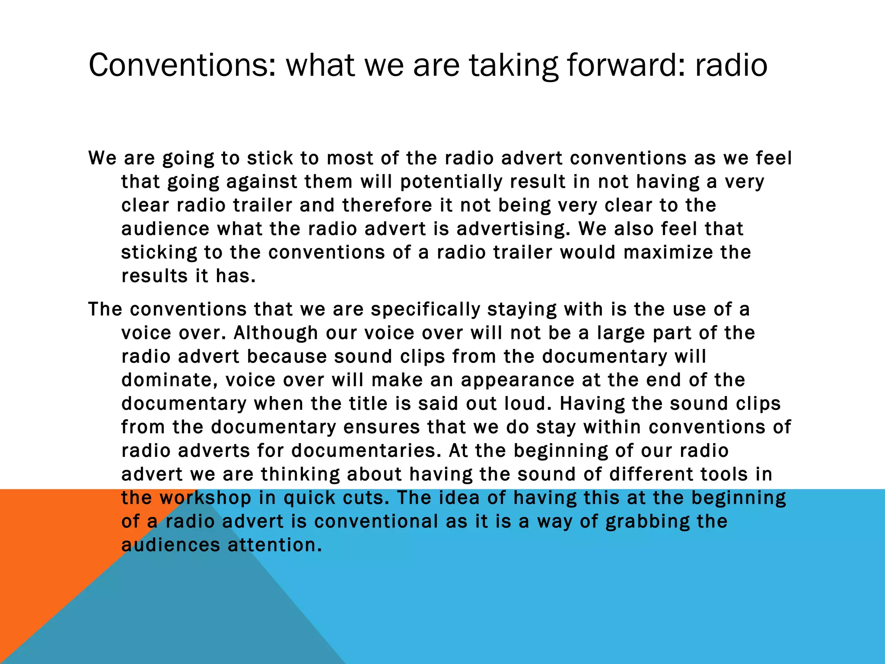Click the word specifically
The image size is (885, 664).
click(x=426, y=310)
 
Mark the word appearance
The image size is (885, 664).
click(x=517, y=380)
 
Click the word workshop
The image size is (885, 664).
click(x=205, y=498)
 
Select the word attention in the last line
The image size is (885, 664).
click(x=275, y=545)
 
